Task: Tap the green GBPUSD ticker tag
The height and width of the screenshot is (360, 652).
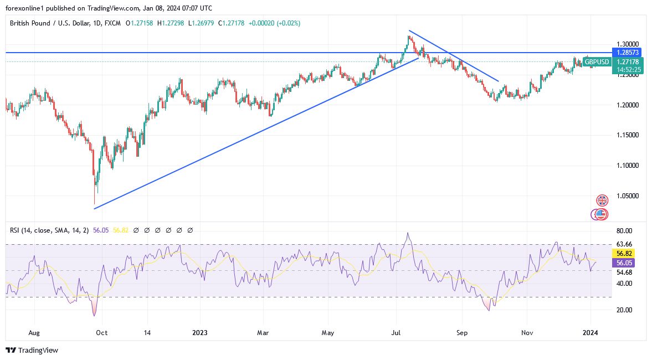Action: pyautogui.click(x=597, y=62)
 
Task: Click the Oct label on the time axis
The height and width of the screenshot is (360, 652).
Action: pyautogui.click(x=102, y=333)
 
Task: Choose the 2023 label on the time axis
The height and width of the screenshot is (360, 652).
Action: pyautogui.click(x=199, y=333)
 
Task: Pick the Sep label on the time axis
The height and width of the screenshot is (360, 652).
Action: pyautogui.click(x=462, y=333)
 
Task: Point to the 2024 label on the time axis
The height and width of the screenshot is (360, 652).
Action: pyautogui.click(x=591, y=333)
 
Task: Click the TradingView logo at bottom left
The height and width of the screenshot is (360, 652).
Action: pyautogui.click(x=32, y=350)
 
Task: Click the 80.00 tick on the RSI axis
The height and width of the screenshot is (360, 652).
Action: pyautogui.click(x=624, y=231)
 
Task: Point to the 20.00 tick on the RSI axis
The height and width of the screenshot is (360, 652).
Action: pyautogui.click(x=624, y=310)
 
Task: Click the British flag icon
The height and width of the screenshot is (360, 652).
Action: pyautogui.click(x=602, y=200)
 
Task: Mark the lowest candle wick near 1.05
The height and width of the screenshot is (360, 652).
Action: pyautogui.click(x=95, y=203)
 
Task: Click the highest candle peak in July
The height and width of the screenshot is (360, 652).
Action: pyautogui.click(x=409, y=37)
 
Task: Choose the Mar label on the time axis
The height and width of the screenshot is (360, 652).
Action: pyautogui.click(x=264, y=333)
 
